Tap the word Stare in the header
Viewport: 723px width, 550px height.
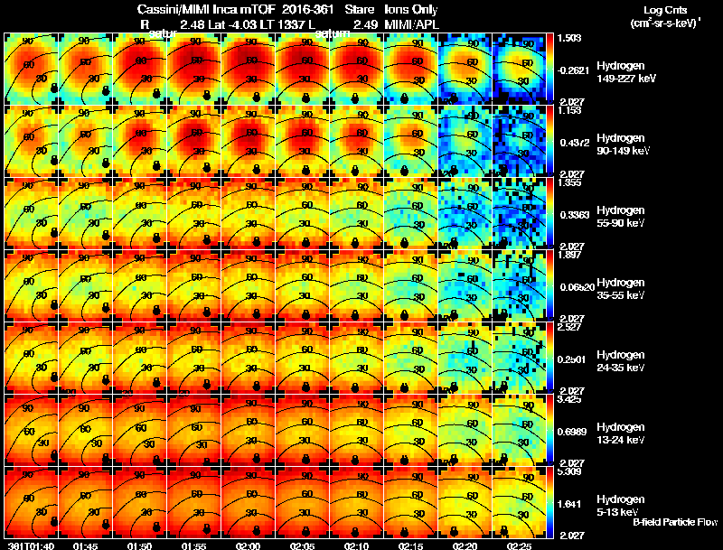coord(359,8)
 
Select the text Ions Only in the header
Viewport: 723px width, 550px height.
coord(411,8)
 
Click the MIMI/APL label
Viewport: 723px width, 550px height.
coord(411,23)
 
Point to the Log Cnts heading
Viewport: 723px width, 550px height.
coord(666,8)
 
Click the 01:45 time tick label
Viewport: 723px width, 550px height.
coord(84,545)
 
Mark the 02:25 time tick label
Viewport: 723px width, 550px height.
coord(519,545)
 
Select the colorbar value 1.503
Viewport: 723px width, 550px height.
coord(568,38)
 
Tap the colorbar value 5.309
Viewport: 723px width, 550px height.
coord(568,471)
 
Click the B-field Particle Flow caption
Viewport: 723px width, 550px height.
coord(674,522)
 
